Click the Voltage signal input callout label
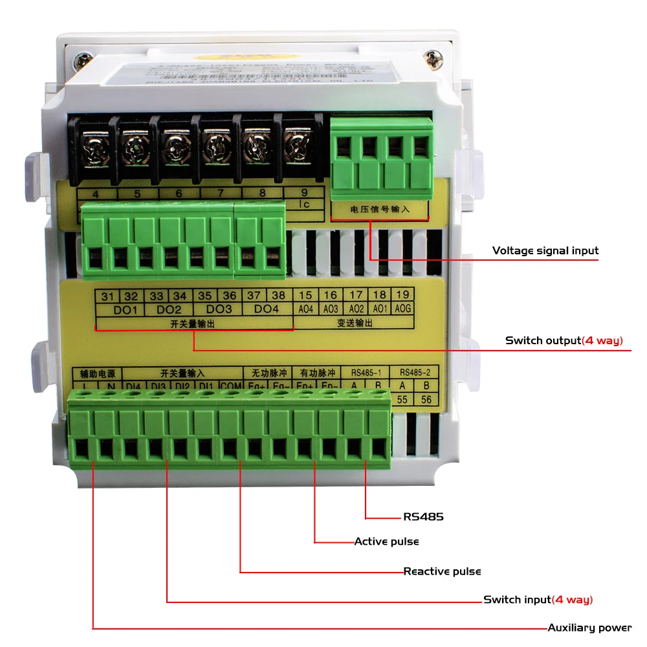pos(545,250)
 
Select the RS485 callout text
pos(423,517)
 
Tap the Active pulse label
pos(386,541)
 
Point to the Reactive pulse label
pos(442,571)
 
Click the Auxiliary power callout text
pos(589,628)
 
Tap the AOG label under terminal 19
pos(402,309)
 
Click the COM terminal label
pos(230,387)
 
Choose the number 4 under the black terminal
pos(96,193)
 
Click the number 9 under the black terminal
pos(305,193)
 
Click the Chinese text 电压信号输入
pos(380,210)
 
